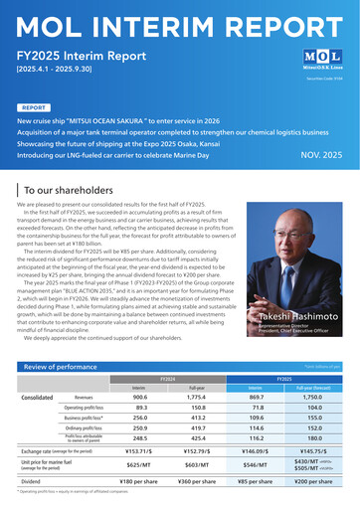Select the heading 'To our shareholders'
click(71, 189)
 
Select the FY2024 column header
click(167, 379)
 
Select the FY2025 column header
click(282, 379)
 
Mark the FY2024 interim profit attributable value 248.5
click(140, 439)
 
